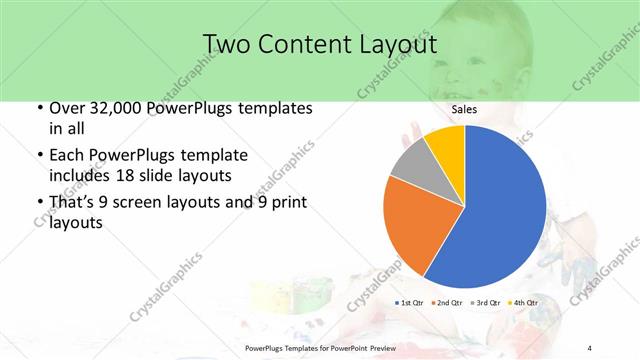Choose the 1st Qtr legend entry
[411, 302]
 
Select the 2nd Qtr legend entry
[447, 302]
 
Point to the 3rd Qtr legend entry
[485, 302]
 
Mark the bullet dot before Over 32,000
[39, 108]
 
